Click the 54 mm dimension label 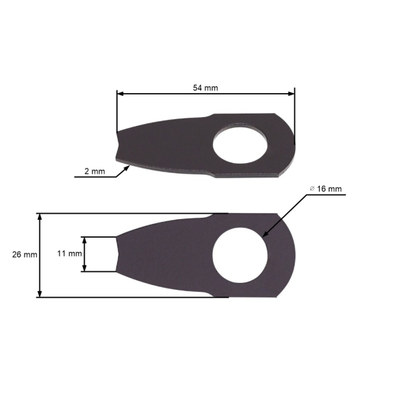(205, 88)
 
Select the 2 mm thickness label (95, 171)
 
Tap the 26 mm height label (25, 254)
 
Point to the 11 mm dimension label (68, 253)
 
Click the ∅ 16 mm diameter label (325, 188)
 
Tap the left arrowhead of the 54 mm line (121, 94)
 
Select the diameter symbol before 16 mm (312, 188)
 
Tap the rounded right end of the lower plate (293, 255)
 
